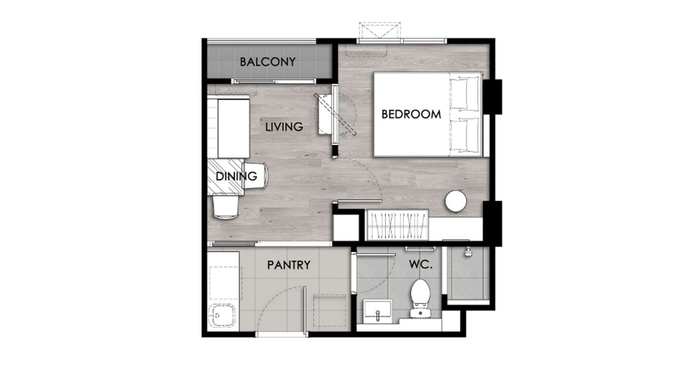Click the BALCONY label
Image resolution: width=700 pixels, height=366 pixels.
[267, 62]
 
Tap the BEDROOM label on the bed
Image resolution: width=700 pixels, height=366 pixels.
[411, 114]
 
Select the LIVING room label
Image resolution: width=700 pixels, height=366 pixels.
[284, 127]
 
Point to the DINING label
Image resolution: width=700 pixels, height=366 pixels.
[236, 176]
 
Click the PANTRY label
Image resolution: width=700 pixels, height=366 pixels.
[289, 265]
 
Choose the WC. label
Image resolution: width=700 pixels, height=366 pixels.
[421, 265]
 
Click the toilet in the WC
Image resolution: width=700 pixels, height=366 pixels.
[420, 298]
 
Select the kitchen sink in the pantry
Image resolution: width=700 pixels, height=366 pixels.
[222, 316]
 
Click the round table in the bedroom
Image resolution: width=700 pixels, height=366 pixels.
[456, 201]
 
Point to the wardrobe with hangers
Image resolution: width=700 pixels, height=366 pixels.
[397, 225]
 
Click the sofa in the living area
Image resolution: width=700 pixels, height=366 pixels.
[229, 128]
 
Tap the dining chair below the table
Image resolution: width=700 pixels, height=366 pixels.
[225, 207]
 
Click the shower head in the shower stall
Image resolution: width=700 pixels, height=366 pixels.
[468, 252]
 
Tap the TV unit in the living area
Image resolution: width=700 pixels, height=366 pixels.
[325, 114]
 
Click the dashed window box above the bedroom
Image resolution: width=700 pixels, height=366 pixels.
[380, 30]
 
